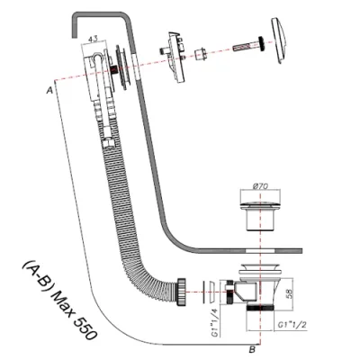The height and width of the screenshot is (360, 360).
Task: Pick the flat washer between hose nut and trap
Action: (209, 290)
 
